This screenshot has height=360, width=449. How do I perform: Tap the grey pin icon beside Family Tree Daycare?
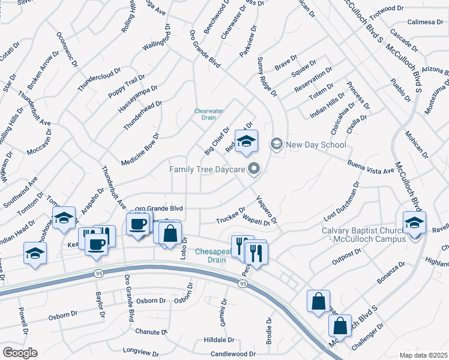click(254, 170)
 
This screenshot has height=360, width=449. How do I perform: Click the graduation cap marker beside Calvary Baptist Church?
click(414, 223)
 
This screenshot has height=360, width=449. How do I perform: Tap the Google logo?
click(20, 353)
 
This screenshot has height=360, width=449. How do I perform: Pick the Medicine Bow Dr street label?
click(140, 150)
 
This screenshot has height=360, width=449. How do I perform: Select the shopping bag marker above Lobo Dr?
click(170, 233)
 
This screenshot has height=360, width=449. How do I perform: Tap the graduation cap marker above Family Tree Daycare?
click(246, 142)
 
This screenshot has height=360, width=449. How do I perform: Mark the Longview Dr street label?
click(143, 350)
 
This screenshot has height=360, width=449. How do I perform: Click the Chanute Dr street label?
click(151, 331)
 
